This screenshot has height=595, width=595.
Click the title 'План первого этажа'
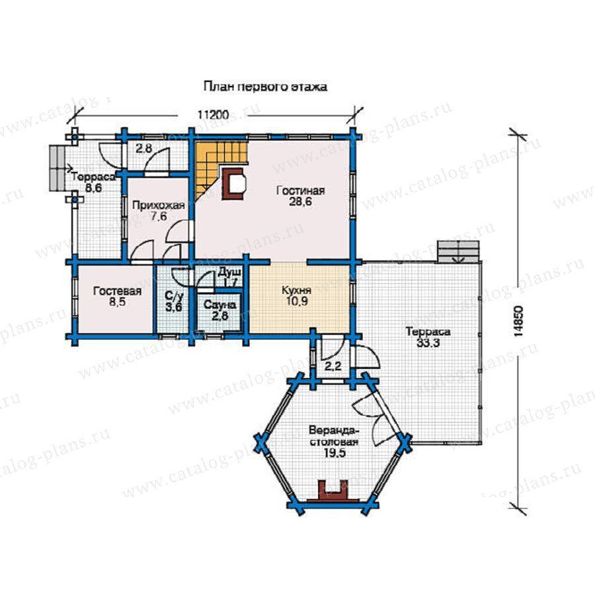point(265,87)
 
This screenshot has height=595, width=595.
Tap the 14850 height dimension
point(519,321)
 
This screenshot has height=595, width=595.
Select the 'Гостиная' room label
point(301,190)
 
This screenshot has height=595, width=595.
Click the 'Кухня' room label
point(297,290)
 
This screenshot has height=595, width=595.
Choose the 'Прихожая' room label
point(158,206)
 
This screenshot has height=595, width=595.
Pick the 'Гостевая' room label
point(117,291)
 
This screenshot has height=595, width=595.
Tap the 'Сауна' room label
point(219,305)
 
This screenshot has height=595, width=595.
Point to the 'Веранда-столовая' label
point(334,437)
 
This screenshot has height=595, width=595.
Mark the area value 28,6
point(301,201)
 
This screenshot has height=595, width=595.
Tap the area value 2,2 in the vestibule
point(334,366)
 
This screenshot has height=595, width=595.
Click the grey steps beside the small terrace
point(57,169)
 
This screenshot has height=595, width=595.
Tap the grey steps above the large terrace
point(458,252)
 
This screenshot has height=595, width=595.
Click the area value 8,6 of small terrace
point(93,188)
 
